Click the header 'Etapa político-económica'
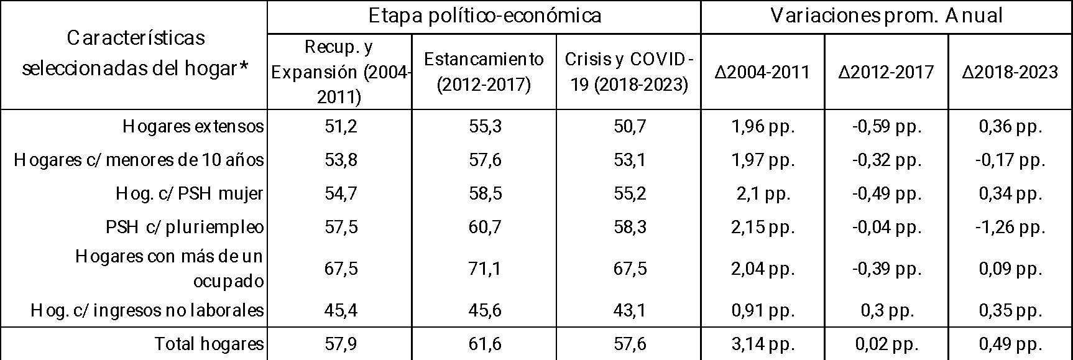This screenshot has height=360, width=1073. pyautogui.click(x=484, y=16)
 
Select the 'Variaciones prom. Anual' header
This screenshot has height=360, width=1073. pyautogui.click(x=886, y=16)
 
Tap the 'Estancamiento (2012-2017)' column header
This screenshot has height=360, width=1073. pyautogui.click(x=484, y=72)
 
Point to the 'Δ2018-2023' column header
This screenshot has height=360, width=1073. pyautogui.click(x=1010, y=72)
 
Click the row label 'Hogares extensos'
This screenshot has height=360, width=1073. pyautogui.click(x=193, y=127)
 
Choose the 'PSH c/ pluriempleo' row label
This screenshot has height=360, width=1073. pyautogui.click(x=185, y=227)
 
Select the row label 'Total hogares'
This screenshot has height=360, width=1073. pyautogui.click(x=209, y=344)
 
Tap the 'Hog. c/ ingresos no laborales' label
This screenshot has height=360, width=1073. pyautogui.click(x=147, y=310)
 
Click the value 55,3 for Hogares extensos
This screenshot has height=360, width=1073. pyautogui.click(x=484, y=127)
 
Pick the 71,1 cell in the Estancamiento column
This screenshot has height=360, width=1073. pyautogui.click(x=484, y=269)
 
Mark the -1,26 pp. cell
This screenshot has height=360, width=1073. pyautogui.click(x=1010, y=227)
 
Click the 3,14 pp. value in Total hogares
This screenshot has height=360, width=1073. pyautogui.click(x=763, y=344)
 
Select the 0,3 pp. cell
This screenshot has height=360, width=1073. pyautogui.click(x=886, y=310)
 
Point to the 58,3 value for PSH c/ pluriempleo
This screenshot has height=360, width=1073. pyautogui.click(x=629, y=227)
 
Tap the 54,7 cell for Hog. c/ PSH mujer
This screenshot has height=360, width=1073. pyautogui.click(x=340, y=193)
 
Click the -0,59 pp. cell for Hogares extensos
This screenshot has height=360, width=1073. pyautogui.click(x=886, y=127)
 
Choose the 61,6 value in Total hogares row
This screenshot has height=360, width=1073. pyautogui.click(x=484, y=344)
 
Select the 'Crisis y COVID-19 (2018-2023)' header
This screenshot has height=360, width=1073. pyautogui.click(x=629, y=72)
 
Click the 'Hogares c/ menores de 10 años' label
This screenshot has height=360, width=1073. pyautogui.click(x=139, y=160)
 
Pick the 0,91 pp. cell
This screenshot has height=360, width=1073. pyautogui.click(x=763, y=310)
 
